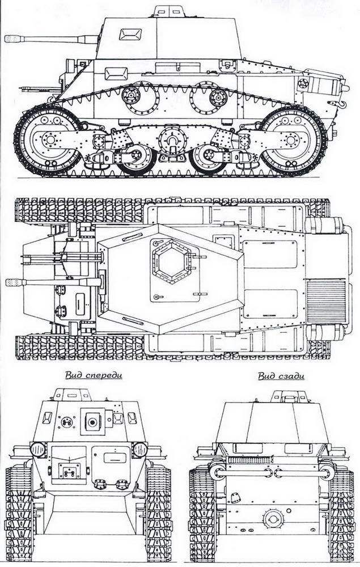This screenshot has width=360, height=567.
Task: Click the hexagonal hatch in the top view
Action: (169, 264)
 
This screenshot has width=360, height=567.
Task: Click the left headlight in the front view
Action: (37, 448)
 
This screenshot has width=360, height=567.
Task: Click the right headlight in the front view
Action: (140, 449)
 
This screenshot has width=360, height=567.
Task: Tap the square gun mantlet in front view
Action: (91, 420)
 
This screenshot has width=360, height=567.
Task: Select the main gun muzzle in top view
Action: (12, 282)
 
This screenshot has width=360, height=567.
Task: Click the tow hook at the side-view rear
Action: (342, 104)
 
